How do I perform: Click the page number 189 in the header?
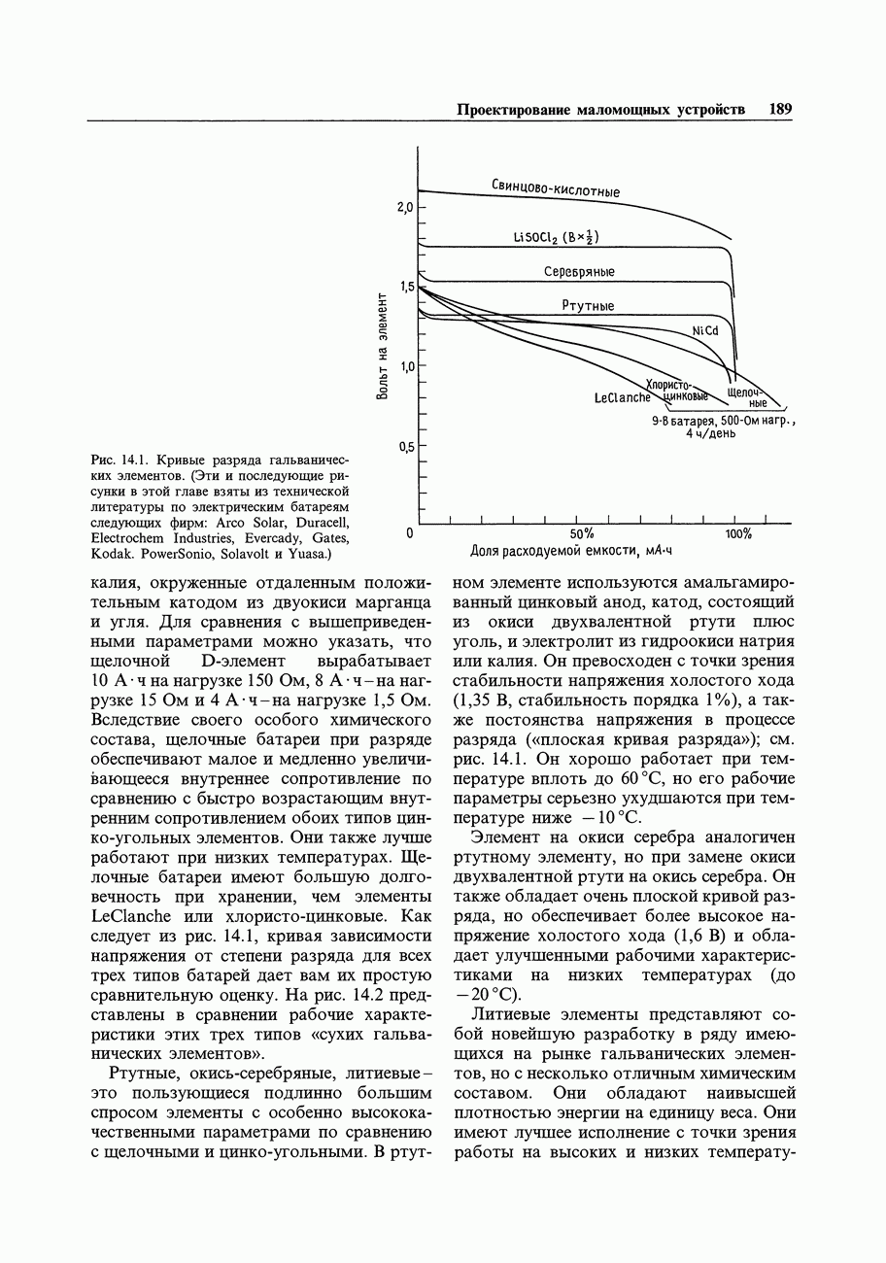pos(779,110)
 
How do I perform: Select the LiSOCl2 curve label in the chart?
pos(556,237)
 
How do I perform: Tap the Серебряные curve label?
pos(579,272)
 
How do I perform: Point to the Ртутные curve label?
pos(588,306)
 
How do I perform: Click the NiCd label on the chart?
pos(704,330)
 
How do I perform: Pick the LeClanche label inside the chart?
pos(622,398)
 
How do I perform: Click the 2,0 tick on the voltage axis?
pos(404,208)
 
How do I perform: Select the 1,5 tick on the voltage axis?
pos(404,288)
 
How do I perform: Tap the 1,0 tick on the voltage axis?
pos(404,366)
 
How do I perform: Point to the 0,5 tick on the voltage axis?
pos(404,447)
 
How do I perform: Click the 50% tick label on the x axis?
pos(582,534)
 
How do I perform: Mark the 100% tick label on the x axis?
pos(739,534)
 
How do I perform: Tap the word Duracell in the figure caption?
pos(316,522)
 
